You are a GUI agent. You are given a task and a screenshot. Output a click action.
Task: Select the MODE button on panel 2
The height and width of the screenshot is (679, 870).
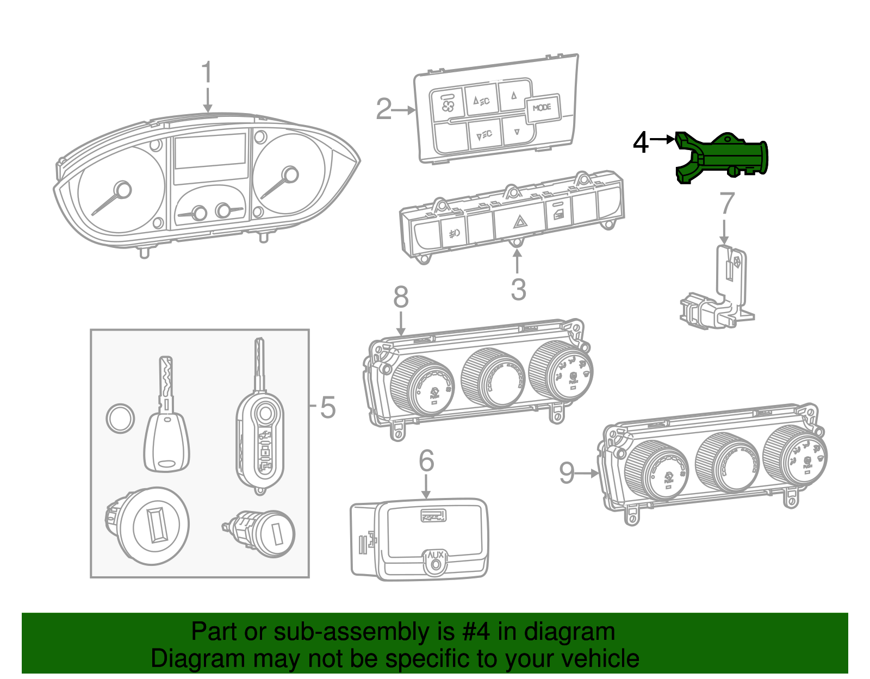pyautogui.click(x=542, y=108)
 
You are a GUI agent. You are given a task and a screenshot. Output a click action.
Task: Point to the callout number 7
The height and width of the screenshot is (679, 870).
pyautogui.click(x=727, y=204)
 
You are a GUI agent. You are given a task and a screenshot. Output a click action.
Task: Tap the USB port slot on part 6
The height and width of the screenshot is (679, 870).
pyautogui.click(x=433, y=515)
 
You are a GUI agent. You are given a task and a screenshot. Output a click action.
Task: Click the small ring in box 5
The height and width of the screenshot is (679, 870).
pyautogui.click(x=120, y=419)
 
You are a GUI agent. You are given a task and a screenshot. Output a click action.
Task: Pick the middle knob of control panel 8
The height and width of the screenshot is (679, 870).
pyautogui.click(x=494, y=378)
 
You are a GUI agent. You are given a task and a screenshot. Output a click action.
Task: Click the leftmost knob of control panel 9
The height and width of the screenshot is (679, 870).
pyautogui.click(x=657, y=470)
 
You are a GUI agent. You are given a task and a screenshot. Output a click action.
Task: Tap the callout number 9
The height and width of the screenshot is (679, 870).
pyautogui.click(x=567, y=473)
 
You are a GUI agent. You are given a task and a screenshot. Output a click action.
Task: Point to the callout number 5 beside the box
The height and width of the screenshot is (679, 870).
pyautogui.click(x=327, y=407)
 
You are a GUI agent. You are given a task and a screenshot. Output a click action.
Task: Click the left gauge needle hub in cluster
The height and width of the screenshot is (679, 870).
pyautogui.click(x=123, y=190)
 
